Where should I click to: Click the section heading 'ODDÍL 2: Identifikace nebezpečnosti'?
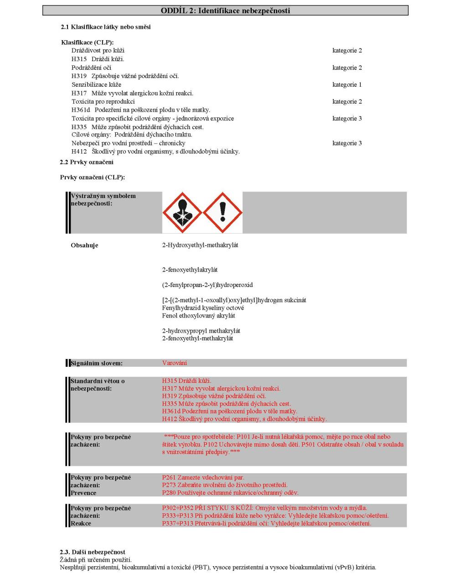[225, 10]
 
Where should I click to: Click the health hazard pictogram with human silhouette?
[182, 212]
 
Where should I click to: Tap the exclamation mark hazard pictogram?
[223, 212]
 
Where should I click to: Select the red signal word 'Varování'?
[175, 363]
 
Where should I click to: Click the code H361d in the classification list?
[80, 110]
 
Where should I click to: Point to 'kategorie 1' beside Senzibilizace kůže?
[347, 84]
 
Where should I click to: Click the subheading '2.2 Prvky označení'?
[87, 162]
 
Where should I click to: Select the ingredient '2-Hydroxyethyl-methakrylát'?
[200, 245]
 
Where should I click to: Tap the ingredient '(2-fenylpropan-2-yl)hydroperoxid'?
[207, 285]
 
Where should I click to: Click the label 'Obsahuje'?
[84, 245]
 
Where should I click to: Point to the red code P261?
[169, 478]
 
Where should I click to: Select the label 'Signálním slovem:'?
[96, 364]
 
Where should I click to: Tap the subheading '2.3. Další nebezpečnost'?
[93, 552]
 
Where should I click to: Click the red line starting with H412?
[244, 419]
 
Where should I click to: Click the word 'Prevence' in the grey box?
[83, 493]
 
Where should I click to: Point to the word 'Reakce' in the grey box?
[81, 523]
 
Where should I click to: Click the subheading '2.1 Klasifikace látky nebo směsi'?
[106, 27]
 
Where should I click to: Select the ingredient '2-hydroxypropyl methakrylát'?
[201, 331]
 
